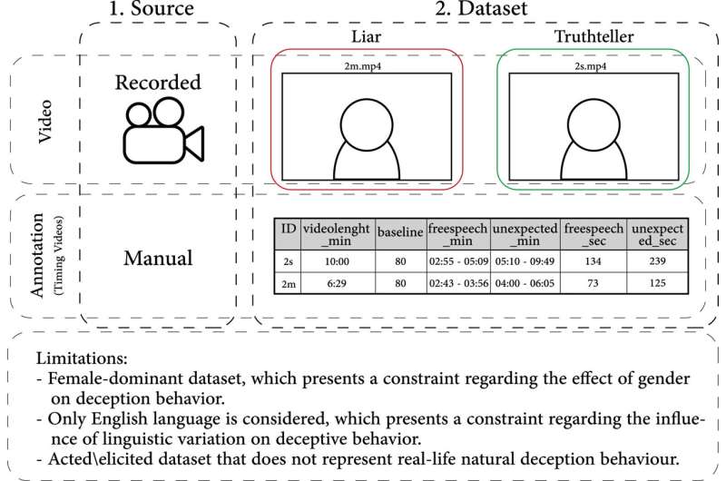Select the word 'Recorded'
tap(158, 82)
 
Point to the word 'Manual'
tap(158, 259)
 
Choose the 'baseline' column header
tap(400, 231)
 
